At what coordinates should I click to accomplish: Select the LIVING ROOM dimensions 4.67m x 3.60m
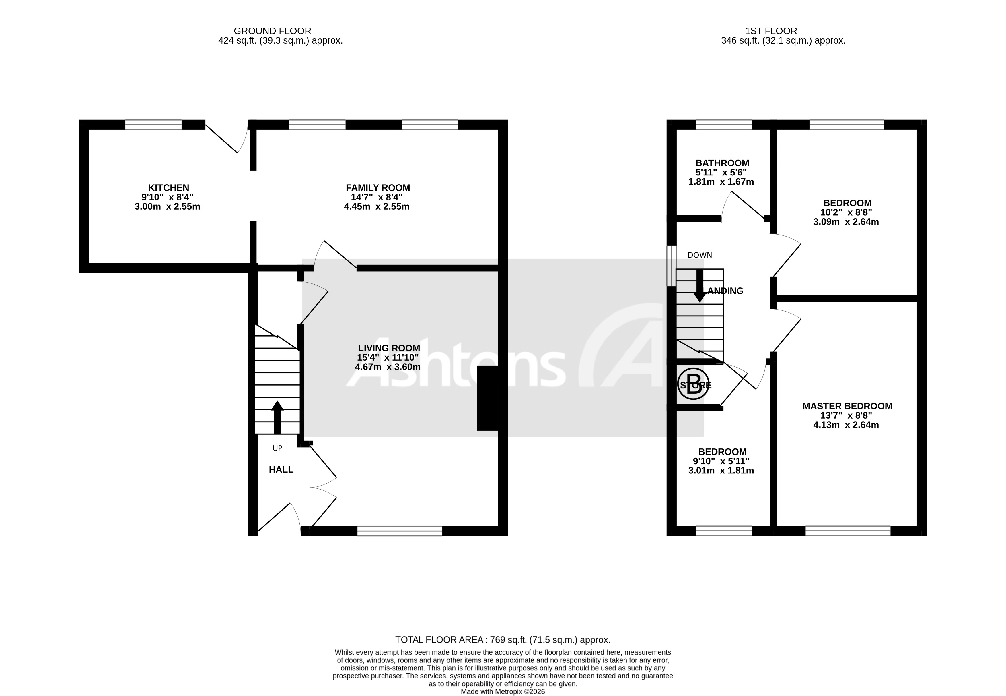coord(387,367)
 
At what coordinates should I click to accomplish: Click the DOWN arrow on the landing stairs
coord(700,286)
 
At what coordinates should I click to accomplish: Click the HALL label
coord(281,470)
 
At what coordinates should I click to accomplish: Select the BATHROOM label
coord(722,163)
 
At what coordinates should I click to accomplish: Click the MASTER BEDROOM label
coord(847,406)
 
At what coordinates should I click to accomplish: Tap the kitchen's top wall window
coord(153,125)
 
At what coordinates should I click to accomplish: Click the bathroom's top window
coord(724,125)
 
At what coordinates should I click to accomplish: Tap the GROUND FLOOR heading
coord(272,31)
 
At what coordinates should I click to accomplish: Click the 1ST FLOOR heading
coord(771,31)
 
